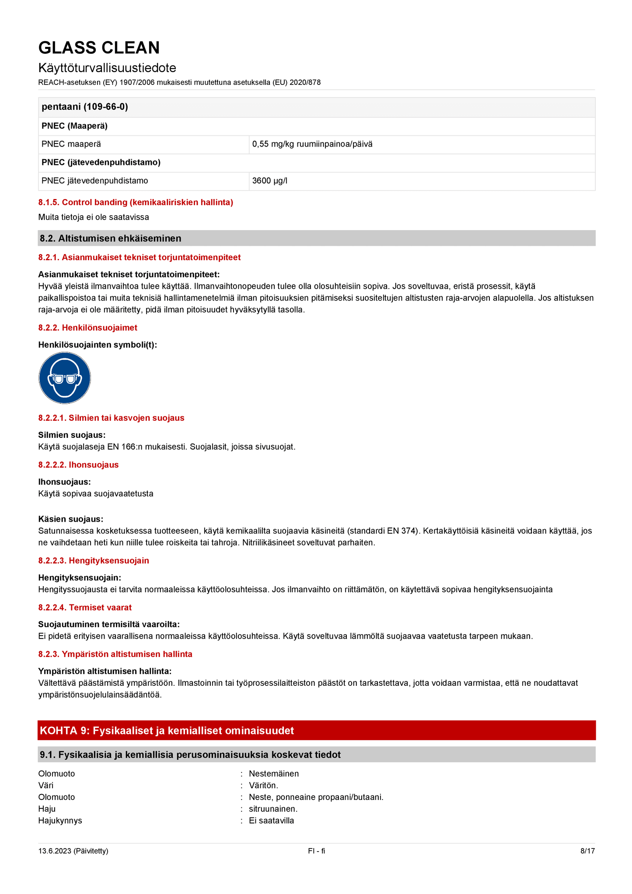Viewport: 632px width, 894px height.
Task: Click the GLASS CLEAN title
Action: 99,48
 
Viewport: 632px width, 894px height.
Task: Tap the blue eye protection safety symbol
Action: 65,378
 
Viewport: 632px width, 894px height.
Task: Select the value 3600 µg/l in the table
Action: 270,181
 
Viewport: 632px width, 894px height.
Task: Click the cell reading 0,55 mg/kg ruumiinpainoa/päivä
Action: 312,144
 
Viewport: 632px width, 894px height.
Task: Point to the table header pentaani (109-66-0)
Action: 85,107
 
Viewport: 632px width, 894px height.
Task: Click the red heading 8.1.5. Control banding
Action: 136,202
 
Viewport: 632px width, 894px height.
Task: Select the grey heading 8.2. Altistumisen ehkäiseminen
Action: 111,238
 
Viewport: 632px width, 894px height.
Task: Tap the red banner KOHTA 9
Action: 167,730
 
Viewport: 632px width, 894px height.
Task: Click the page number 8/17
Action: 587,851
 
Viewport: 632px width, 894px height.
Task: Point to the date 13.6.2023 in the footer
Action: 73,851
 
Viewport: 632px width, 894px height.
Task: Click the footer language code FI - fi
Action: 316,851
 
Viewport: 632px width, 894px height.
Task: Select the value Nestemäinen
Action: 274,773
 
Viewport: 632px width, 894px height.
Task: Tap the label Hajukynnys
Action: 60,821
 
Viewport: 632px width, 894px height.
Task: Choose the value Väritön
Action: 263,785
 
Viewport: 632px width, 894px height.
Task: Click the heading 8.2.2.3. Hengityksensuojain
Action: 94,560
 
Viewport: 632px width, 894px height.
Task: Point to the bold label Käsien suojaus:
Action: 70,519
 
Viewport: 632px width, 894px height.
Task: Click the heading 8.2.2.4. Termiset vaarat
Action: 85,607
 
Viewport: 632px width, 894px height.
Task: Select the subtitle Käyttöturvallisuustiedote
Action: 107,68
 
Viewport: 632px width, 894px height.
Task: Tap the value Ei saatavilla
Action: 271,821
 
